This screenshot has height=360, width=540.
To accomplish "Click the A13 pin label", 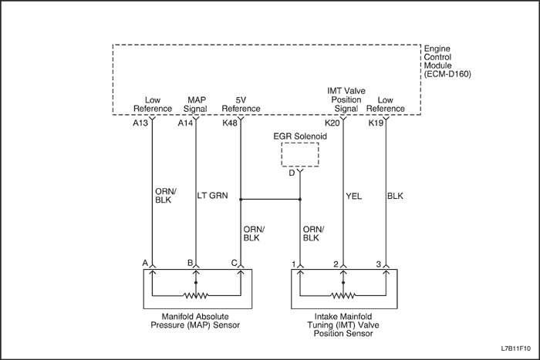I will (x=140, y=123).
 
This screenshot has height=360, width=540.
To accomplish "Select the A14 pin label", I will (x=185, y=123).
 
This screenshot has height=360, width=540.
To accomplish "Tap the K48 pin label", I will (x=230, y=123).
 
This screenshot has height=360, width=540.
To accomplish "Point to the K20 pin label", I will (x=332, y=123).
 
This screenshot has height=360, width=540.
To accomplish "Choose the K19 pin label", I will (x=376, y=123).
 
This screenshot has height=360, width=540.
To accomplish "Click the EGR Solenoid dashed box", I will (x=300, y=154).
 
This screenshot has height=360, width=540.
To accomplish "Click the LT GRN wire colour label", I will (x=213, y=196).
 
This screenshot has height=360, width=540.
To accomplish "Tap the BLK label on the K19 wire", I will (x=396, y=196).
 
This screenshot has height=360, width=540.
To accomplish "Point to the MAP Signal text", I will (x=197, y=104).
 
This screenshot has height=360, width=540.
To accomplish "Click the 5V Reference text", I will (x=240, y=104).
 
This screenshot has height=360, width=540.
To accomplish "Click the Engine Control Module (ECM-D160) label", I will (x=448, y=62).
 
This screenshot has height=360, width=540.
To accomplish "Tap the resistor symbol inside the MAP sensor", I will (x=196, y=294).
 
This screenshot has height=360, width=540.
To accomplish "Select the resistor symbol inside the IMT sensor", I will (x=343, y=294).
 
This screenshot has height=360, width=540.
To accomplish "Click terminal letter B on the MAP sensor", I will (x=190, y=263).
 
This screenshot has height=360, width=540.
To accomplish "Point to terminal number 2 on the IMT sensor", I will (x=336, y=264).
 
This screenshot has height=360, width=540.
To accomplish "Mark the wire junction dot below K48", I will (x=241, y=199).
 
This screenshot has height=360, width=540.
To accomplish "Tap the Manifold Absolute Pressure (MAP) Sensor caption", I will (x=196, y=321).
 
